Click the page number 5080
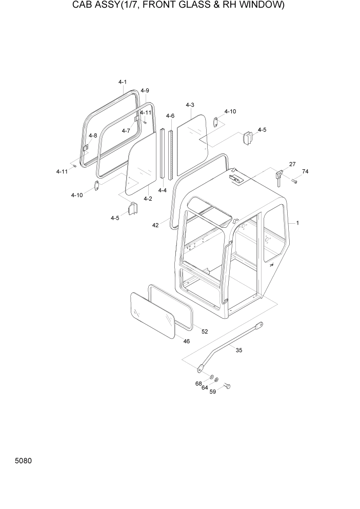click(x=24, y=461)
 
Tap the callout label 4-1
click(x=123, y=82)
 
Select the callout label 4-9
click(x=145, y=91)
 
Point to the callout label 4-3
click(x=190, y=105)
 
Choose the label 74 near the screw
click(x=305, y=171)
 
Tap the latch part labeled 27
click(x=279, y=176)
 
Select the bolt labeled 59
click(x=228, y=385)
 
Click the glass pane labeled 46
click(x=153, y=314)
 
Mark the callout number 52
click(x=205, y=331)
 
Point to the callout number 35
click(x=238, y=350)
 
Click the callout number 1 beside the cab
click(x=297, y=223)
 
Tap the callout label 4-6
click(x=170, y=116)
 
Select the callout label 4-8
click(x=93, y=136)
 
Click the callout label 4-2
click(x=148, y=199)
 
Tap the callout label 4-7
click(x=126, y=130)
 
